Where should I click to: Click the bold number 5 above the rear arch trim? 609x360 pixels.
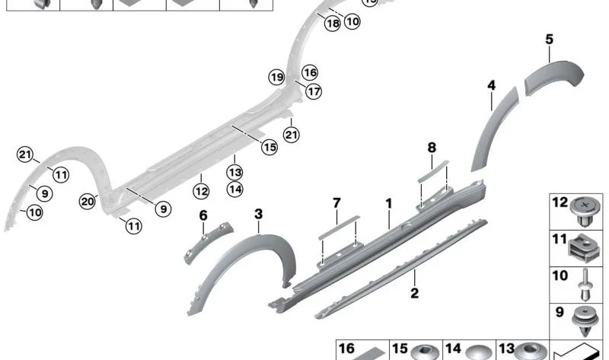[549, 40]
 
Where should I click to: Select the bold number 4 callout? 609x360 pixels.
[491, 85]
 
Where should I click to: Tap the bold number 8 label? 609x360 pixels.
[432, 148]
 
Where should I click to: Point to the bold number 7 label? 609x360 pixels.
[336, 202]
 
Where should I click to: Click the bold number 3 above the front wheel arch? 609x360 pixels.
[259, 214]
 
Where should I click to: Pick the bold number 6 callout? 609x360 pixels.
[203, 215]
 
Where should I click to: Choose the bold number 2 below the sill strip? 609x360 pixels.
[415, 293]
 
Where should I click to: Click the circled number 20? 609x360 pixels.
[88, 201]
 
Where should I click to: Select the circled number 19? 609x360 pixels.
[276, 78]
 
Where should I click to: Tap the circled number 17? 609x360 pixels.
[314, 91]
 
